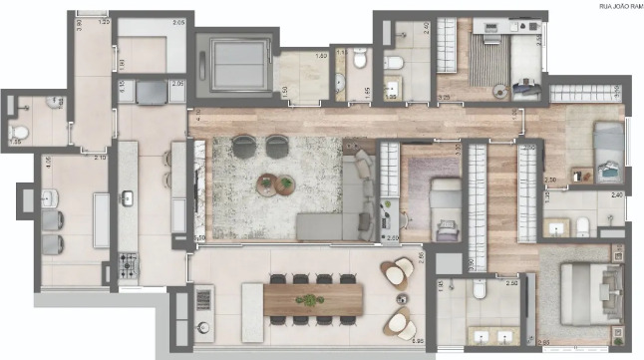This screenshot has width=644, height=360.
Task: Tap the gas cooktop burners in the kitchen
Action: tap(129, 264)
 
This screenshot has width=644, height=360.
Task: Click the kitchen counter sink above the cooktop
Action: tap(128, 196)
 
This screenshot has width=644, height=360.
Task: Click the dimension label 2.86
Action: tap(422, 256)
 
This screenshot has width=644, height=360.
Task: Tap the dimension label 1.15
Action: tap(340, 52)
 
